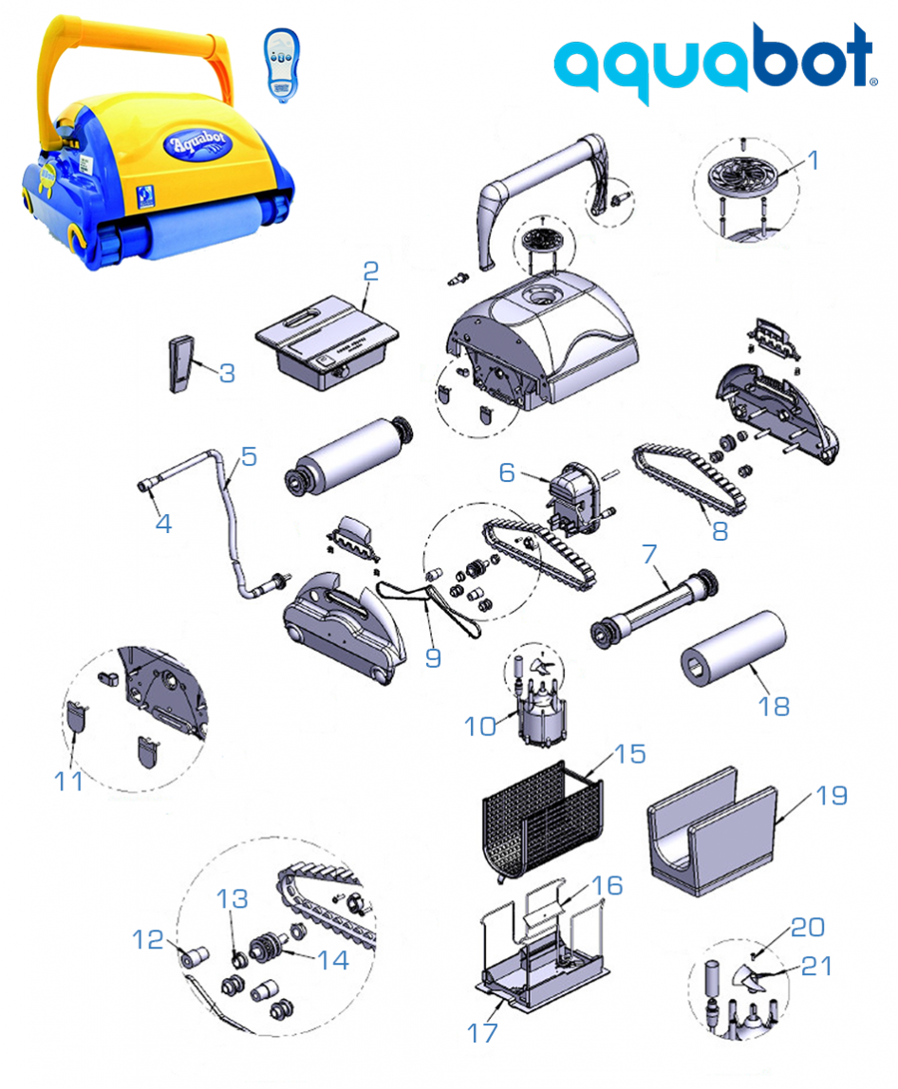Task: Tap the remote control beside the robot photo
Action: [x=279, y=62]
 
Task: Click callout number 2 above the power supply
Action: [x=370, y=271]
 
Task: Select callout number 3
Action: [x=226, y=373]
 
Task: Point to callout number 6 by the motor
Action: [x=507, y=471]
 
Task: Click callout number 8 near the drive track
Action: [x=720, y=532]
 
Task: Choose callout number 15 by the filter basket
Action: [x=629, y=754]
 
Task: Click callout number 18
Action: [x=775, y=706]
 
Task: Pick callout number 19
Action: [x=832, y=795]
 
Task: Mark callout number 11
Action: [x=67, y=782]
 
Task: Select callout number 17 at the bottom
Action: [x=481, y=1032]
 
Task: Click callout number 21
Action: [x=816, y=967]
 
